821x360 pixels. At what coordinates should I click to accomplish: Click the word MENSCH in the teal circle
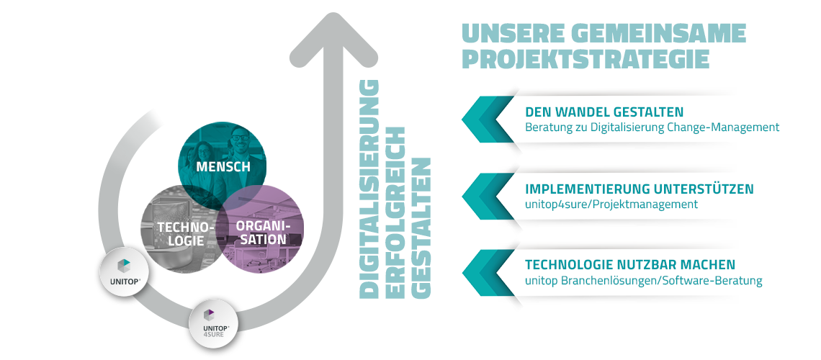pos(223,167)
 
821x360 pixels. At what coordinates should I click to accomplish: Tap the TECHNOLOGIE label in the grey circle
pos(179,234)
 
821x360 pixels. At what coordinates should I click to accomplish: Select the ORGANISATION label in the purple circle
pos(262,233)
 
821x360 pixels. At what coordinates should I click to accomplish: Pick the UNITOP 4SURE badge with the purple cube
pos(212,324)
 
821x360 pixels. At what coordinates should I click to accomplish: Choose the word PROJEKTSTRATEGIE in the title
pos(586,58)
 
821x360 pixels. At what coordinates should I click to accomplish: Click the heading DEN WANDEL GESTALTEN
pos(604,112)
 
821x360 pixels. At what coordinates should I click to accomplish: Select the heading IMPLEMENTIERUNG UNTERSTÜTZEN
pos(640,189)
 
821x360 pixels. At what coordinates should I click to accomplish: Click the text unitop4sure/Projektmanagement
pos(611,204)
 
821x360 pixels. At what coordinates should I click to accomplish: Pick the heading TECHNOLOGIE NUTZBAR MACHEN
pos(630,265)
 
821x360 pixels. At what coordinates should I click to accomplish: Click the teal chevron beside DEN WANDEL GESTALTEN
pos(488,120)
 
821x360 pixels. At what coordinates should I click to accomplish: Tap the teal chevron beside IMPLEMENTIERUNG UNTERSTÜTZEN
pos(488,197)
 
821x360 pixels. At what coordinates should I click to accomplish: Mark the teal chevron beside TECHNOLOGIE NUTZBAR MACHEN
pos(488,273)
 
